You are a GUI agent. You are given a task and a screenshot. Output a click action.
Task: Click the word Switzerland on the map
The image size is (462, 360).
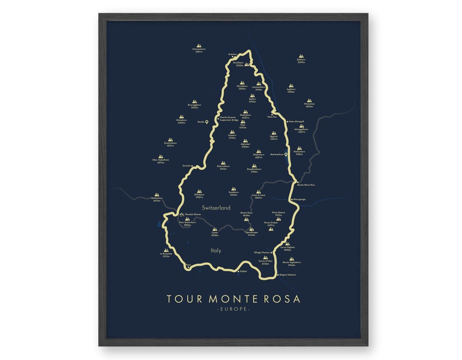(x=216, y=208)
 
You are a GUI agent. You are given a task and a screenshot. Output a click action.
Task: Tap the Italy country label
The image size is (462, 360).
(x=215, y=251)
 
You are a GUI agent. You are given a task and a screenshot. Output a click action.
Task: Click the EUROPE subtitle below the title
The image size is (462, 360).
(x=233, y=309)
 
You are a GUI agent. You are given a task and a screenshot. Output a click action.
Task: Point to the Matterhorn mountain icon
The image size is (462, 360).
(x=157, y=196)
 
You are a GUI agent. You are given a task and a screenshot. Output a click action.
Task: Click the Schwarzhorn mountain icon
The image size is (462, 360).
(x=199, y=45)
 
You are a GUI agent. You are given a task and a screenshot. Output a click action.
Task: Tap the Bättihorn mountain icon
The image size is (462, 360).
(x=301, y=57)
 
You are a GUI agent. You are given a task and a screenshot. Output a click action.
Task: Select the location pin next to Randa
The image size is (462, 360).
(x=207, y=122)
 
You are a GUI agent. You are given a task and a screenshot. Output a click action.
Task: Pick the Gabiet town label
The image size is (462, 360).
(x=244, y=271)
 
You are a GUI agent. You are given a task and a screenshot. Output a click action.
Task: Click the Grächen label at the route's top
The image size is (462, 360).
(x=233, y=55)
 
